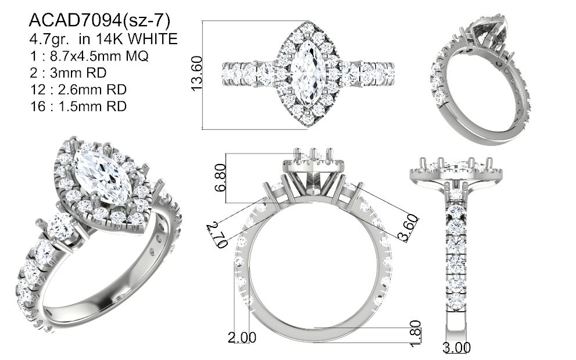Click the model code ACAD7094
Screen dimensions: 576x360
[75, 20]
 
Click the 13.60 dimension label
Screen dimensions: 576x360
[197, 73]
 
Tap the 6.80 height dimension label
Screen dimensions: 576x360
[220, 178]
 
